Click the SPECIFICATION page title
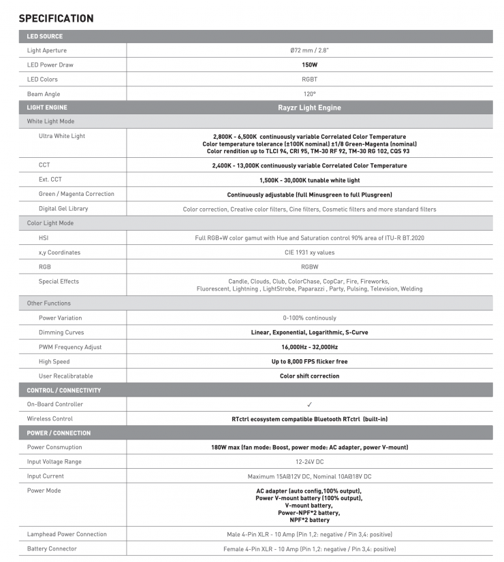coord(56,18)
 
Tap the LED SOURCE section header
coord(44,36)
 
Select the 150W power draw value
coord(309,65)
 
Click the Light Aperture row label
coord(47,50)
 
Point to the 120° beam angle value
coord(309,94)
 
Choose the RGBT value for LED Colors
coord(309,80)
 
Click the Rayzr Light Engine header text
coord(309,108)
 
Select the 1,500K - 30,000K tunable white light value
coord(309,180)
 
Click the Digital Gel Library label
coord(63,209)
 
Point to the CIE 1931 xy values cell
coord(309,252)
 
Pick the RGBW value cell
coord(309,267)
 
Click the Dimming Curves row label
coord(61,333)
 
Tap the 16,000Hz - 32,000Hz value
coord(309,347)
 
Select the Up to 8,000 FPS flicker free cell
coord(309,361)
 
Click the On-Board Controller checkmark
coord(309,404)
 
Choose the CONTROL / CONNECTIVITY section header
coord(63,391)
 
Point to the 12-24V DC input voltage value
coord(309,462)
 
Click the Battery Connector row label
coord(52,548)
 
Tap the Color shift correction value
coord(309,376)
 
